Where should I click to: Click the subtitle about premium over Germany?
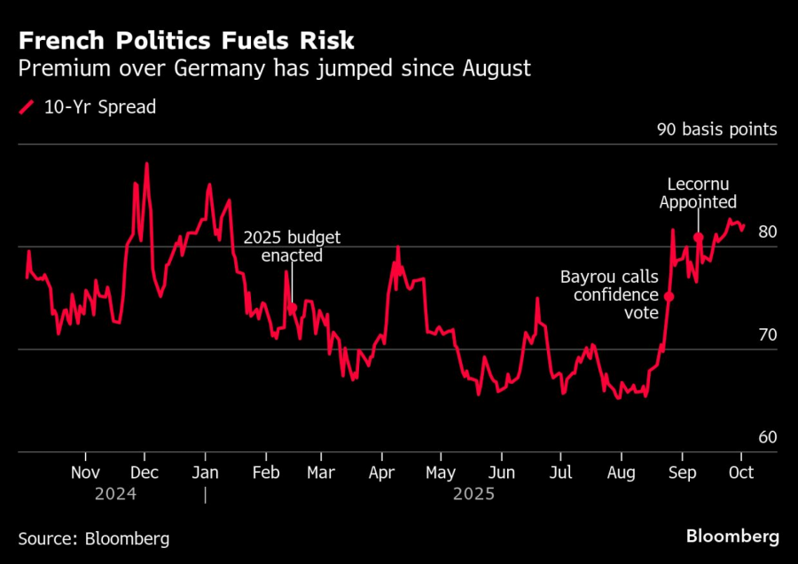274,68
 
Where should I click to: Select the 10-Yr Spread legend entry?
88,107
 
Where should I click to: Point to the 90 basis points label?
716,129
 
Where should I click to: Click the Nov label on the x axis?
85,472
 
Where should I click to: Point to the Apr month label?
381,472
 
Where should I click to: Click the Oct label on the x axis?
740,472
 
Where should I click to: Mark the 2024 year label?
115,494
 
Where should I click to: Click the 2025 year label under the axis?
473,494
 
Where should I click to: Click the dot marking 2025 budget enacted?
292,309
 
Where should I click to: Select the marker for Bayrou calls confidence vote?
669,296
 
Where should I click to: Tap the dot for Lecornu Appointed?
699,238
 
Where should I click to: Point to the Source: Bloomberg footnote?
93,537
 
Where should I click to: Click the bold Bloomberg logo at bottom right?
732,537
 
